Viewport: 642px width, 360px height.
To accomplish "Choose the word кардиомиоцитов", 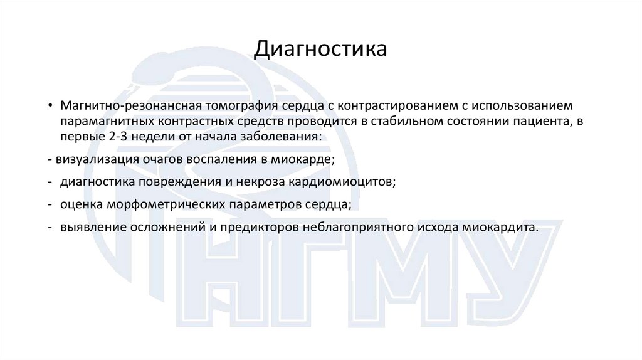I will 342,183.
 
